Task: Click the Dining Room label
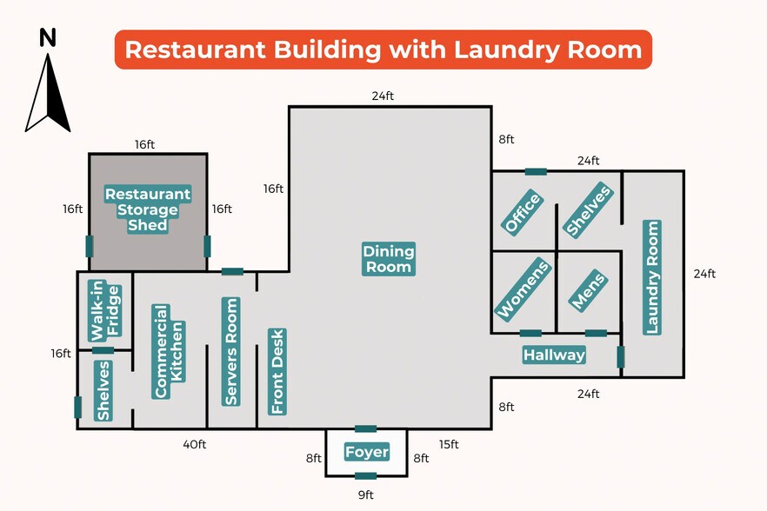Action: click(x=389, y=259)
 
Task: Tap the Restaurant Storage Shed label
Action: click(x=148, y=209)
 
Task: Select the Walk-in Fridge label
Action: click(x=103, y=310)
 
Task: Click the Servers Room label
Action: click(x=231, y=351)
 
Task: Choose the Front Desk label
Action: click(x=277, y=371)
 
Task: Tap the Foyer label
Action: click(x=366, y=452)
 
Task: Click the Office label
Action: click(x=522, y=213)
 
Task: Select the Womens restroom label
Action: click(x=523, y=289)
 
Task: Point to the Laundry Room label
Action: click(x=652, y=277)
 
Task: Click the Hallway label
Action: click(x=554, y=355)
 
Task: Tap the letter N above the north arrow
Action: click(x=48, y=37)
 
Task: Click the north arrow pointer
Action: click(x=48, y=91)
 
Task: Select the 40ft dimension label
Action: click(x=195, y=445)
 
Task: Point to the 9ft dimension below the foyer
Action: click(x=365, y=495)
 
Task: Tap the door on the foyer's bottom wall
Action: click(x=366, y=475)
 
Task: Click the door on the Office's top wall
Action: click(x=536, y=171)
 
